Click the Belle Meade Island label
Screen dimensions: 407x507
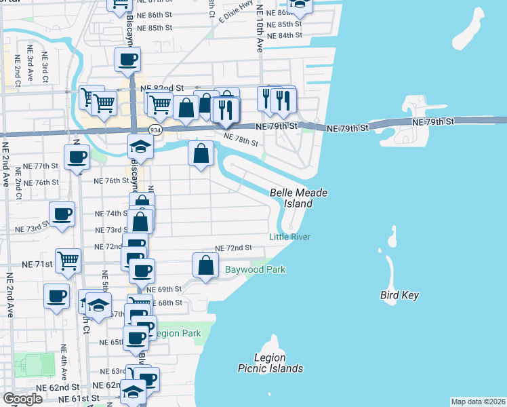298,198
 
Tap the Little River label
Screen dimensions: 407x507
289,237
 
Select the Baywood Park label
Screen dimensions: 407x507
256,270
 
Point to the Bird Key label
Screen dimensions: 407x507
399,295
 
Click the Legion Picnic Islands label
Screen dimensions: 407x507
270,363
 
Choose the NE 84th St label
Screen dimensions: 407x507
284,35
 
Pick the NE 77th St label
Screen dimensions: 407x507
41,166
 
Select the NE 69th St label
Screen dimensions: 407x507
167,289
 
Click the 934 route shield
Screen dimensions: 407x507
155,130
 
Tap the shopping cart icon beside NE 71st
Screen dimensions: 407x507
68,260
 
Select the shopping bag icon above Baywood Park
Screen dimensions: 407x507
205,265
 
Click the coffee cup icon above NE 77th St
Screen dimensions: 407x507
76,157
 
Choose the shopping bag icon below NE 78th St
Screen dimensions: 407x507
201,153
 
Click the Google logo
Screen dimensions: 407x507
22,399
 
